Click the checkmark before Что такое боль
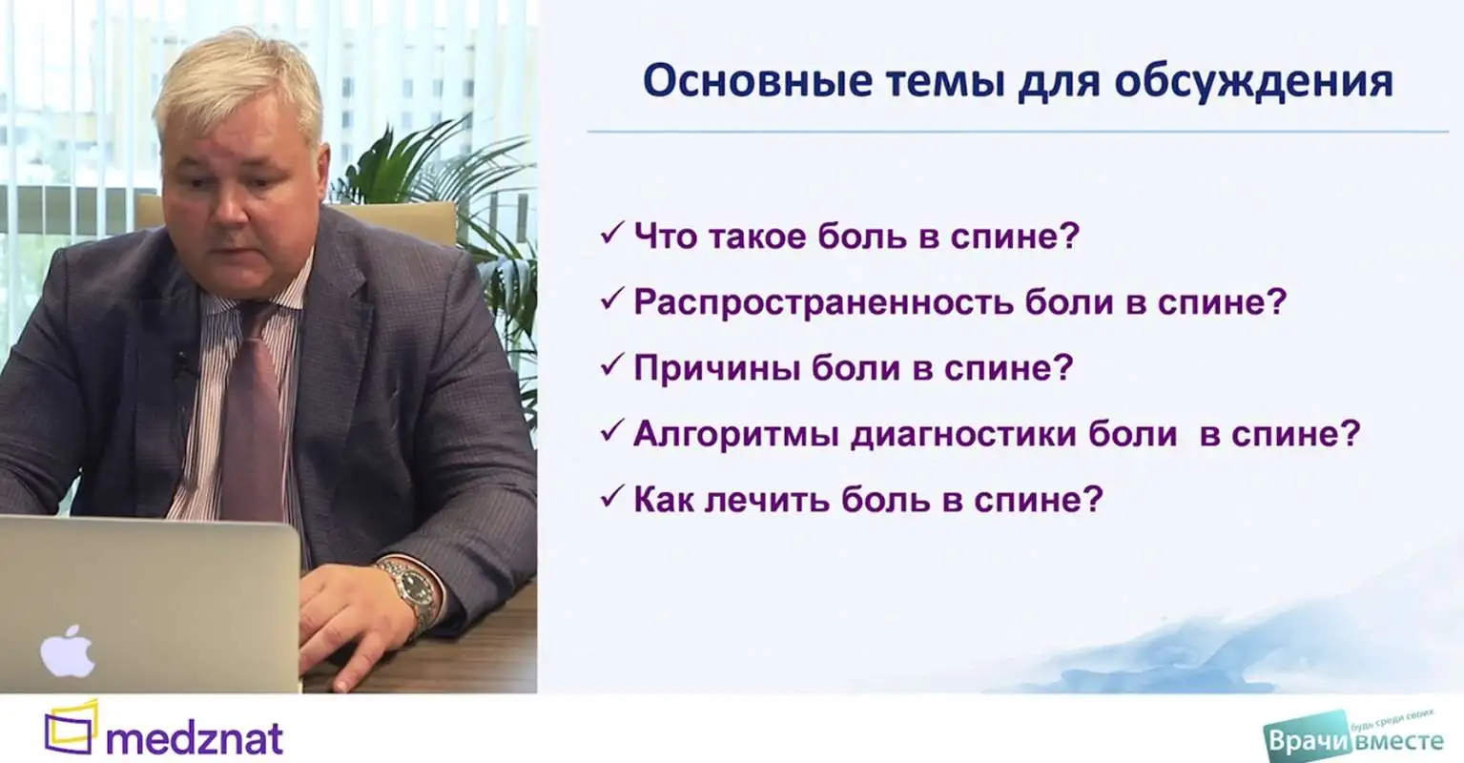click(x=611, y=233)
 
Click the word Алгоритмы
click(x=736, y=434)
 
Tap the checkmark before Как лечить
click(x=611, y=497)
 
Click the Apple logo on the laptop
click(x=68, y=651)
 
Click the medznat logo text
click(x=195, y=738)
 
